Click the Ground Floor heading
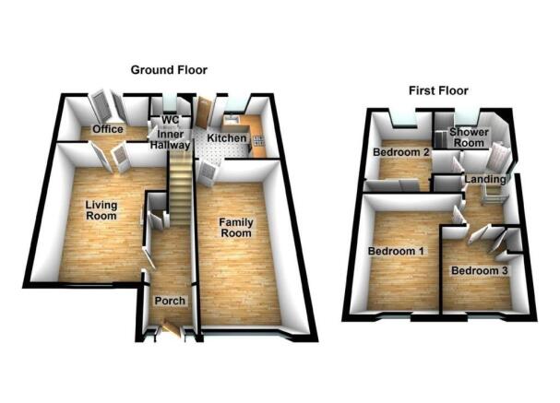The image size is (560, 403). [x=169, y=70]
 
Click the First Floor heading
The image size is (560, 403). [x=438, y=91]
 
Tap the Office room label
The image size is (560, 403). [x=108, y=129]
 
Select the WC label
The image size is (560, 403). [x=171, y=120]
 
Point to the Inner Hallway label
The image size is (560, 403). [x=171, y=139]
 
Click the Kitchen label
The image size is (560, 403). [x=227, y=138]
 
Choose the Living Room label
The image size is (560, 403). [x=101, y=210]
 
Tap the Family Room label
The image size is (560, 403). [x=235, y=228]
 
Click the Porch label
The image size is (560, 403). [x=170, y=301]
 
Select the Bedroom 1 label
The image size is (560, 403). [x=396, y=251]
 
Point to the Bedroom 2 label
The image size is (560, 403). [x=400, y=152]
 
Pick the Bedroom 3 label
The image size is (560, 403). [x=480, y=270]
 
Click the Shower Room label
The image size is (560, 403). [x=469, y=137]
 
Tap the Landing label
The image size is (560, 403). [x=485, y=179]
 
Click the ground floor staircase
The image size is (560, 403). [x=180, y=187]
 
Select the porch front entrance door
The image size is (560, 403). [x=172, y=329]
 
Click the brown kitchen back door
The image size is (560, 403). [x=204, y=112]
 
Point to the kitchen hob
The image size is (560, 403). [x=259, y=140]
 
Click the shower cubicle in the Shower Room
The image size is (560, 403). [x=440, y=138]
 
